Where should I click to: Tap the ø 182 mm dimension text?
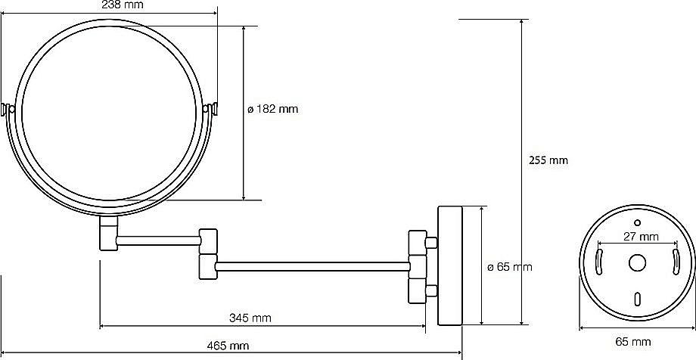[x=273, y=109]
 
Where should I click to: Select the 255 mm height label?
[x=548, y=160]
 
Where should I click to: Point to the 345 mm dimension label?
[x=250, y=318]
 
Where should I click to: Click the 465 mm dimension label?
[x=228, y=346]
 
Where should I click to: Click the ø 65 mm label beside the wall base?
[x=509, y=267]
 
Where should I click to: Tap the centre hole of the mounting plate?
[x=637, y=262]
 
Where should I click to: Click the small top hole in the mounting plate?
[x=638, y=222]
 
